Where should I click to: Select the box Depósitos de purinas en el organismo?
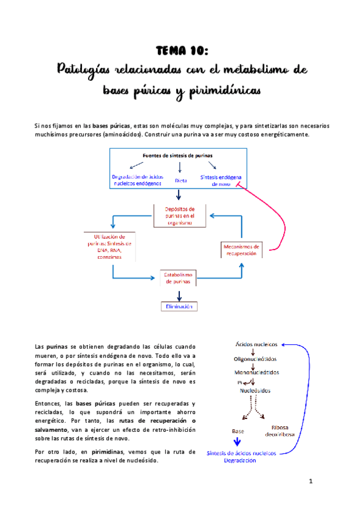tap(179, 216)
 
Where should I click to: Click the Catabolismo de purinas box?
tap(179, 279)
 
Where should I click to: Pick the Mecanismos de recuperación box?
tap(241, 250)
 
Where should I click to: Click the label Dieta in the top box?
tap(180, 180)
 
